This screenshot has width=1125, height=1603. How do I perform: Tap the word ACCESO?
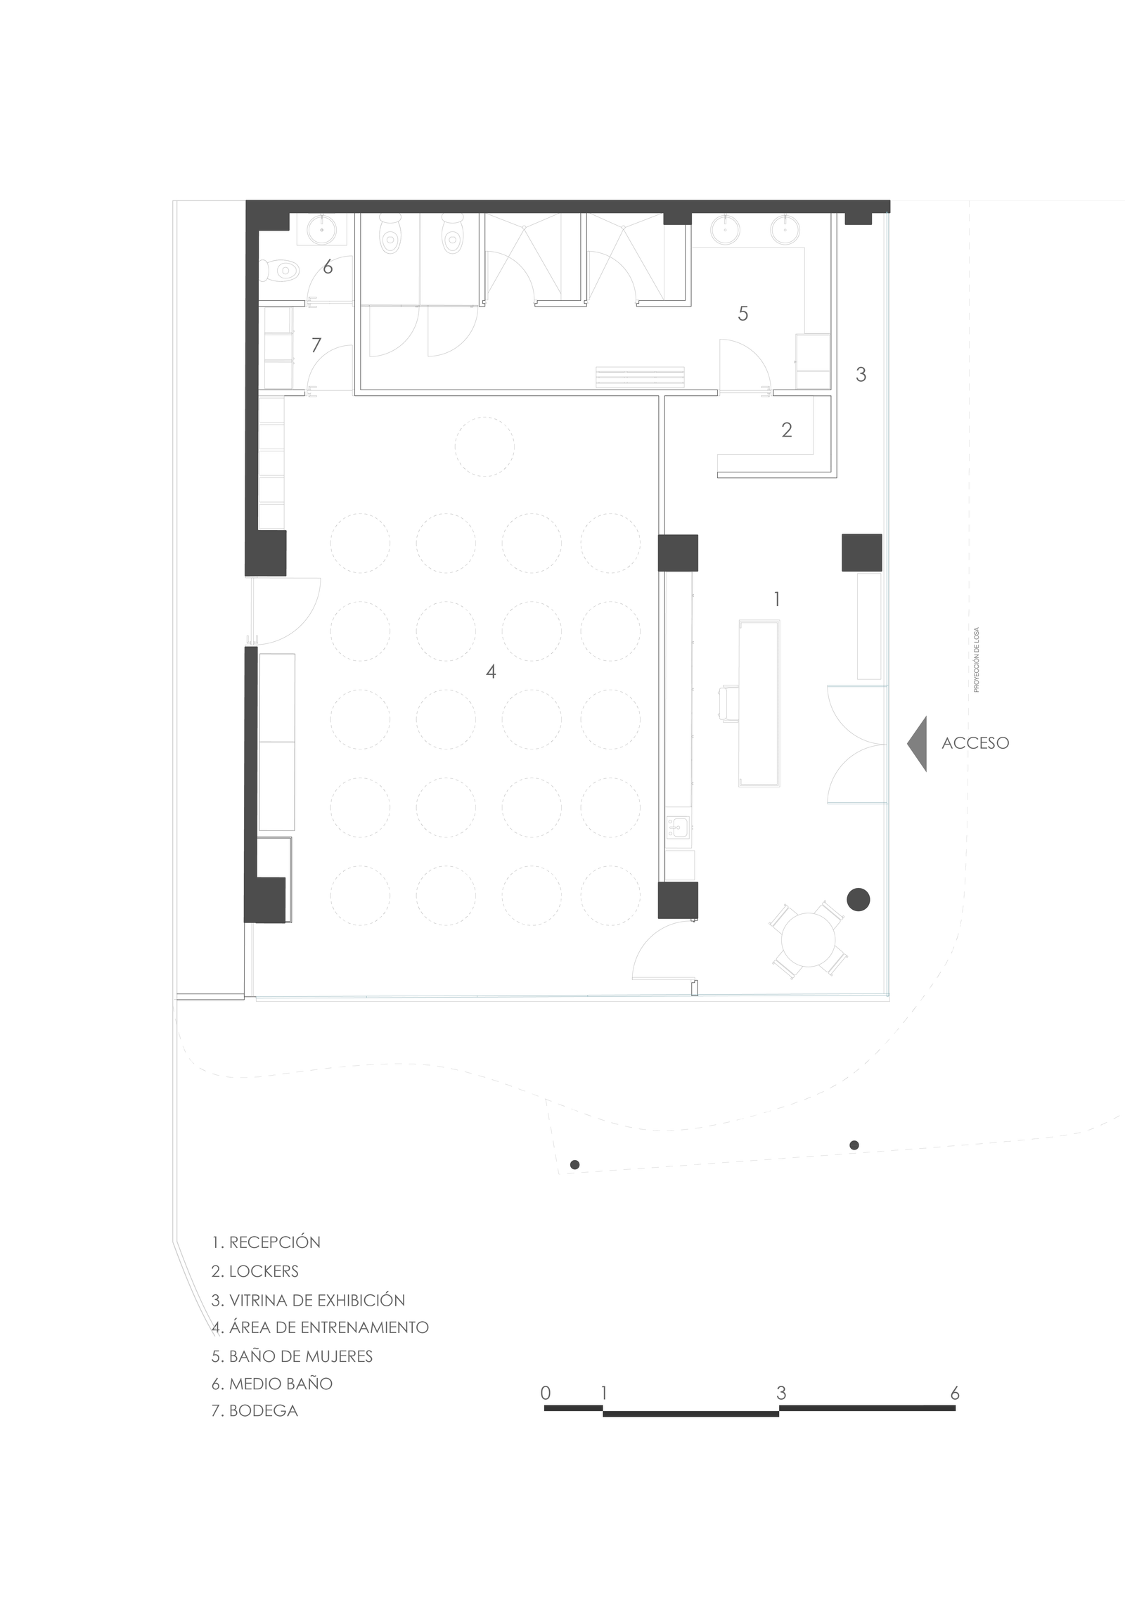pos(975,743)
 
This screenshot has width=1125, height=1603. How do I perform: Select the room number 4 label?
pos(491,671)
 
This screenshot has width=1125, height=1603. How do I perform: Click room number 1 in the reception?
pos(776,599)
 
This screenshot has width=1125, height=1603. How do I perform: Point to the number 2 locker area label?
pos(787,430)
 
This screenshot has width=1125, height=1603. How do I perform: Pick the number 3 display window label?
pos(861,375)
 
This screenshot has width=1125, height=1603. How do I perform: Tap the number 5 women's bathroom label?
pos(742,314)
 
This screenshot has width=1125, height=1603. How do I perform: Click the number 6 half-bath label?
pos(328,267)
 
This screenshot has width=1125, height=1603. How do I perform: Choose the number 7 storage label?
pos(316,345)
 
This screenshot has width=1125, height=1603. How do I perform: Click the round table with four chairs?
pos(809,939)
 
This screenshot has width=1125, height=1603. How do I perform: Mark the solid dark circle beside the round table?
pos(859,899)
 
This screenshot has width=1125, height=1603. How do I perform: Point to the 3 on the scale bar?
pos(780,1392)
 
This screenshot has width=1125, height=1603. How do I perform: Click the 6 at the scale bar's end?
pos(954,1392)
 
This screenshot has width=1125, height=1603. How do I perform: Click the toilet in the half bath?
pos(281,269)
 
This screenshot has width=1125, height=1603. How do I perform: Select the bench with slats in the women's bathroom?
pos(640,377)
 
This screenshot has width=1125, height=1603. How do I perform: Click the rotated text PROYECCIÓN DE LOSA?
pos(976,659)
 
